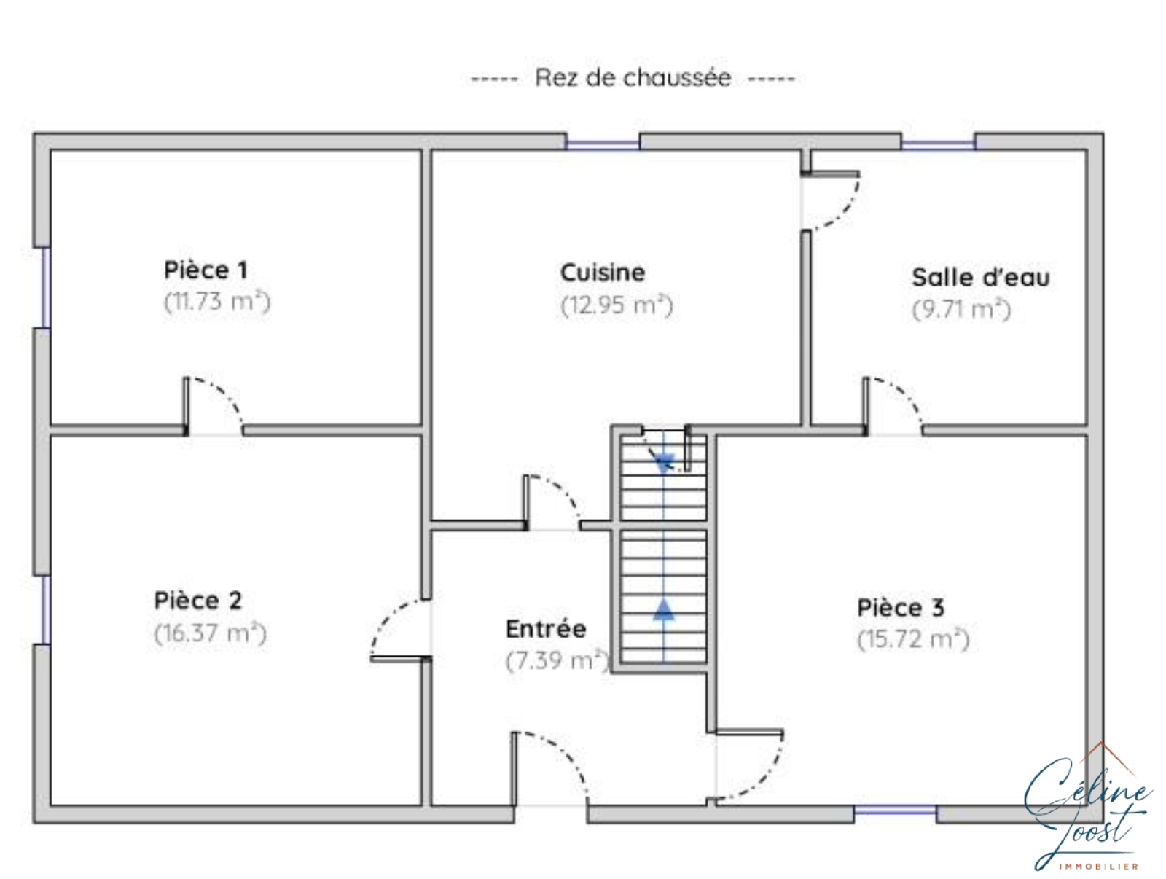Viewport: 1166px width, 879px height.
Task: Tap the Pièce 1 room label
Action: (206, 270)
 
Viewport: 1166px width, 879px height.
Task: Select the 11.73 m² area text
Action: (217, 302)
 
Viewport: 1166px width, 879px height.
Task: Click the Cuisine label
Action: (603, 273)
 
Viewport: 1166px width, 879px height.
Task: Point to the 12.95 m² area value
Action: (617, 305)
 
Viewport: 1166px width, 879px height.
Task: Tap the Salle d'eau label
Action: (981, 277)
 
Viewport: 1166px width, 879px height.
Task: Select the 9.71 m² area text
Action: (961, 310)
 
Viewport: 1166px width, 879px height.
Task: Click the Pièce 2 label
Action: (197, 601)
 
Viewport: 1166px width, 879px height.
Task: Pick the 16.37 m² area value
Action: (211, 633)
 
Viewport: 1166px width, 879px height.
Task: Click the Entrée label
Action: (546, 630)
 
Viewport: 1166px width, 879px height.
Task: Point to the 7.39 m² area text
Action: (557, 661)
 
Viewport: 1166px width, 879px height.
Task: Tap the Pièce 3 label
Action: (901, 608)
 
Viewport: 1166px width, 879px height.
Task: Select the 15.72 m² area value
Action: (914, 639)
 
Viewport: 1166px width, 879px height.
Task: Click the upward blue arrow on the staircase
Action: (663, 609)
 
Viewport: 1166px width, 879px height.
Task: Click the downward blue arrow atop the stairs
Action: (664, 463)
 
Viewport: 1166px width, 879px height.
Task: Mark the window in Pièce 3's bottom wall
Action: (895, 810)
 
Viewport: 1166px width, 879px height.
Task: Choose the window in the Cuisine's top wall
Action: (603, 144)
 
